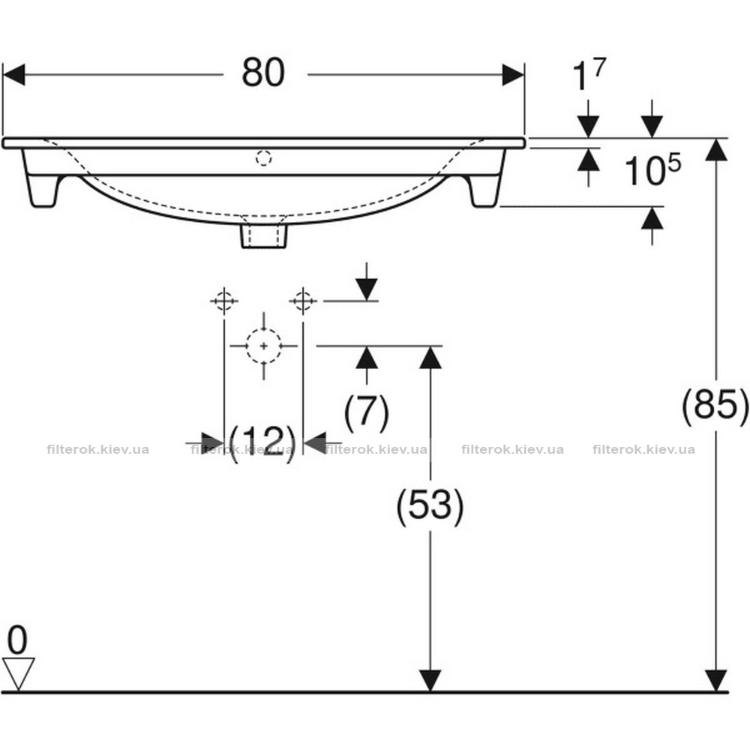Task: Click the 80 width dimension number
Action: coord(263,73)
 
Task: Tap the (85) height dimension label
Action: coord(715,406)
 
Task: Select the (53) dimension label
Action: coord(430,505)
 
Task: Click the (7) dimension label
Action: coord(367,412)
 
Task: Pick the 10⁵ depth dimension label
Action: coord(652,169)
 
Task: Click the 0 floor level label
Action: coord(18,640)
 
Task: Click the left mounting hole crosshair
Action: coord(223,301)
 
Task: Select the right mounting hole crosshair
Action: coord(303,301)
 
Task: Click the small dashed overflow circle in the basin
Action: coord(263,157)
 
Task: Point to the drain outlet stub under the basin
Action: coord(264,235)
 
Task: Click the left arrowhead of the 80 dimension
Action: coord(13,74)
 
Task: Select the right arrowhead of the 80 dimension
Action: coord(513,74)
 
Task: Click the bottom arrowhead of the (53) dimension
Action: coord(430,681)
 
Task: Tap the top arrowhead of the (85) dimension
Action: coord(716,150)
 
